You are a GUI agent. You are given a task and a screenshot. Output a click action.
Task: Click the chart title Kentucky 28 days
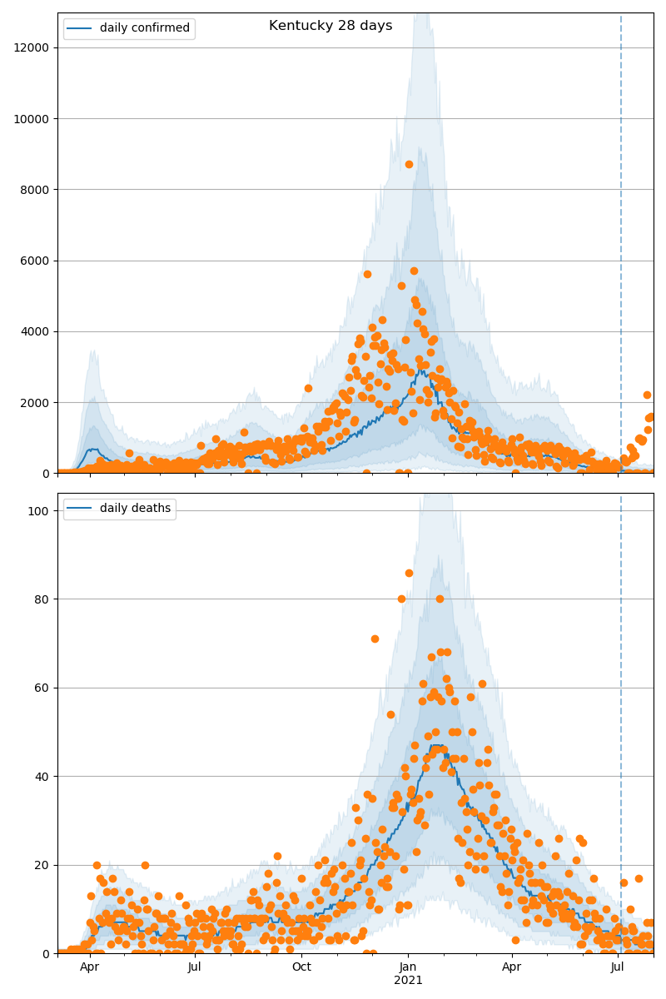(x=331, y=26)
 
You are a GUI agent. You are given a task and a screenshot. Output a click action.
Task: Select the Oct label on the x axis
(x=301, y=967)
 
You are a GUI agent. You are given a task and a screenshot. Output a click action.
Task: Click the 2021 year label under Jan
(x=408, y=981)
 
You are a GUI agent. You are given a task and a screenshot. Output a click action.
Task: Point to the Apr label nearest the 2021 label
(x=511, y=967)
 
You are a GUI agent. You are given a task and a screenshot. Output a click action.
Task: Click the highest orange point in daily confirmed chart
(x=409, y=164)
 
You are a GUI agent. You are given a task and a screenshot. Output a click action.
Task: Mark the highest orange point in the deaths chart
(x=409, y=573)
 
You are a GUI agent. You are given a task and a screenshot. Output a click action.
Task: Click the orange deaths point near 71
(x=375, y=639)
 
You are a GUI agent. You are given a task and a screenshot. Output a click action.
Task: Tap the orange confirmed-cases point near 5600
(x=367, y=274)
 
